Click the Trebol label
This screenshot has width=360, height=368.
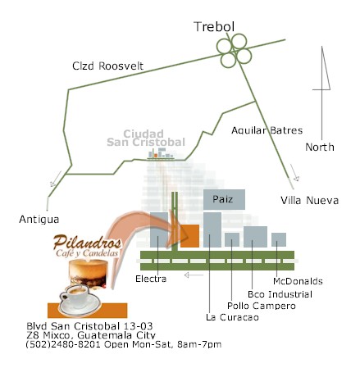[x=214, y=26]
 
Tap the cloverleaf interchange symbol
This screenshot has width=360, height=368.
[x=234, y=51]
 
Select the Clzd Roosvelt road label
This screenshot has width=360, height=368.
[x=107, y=66]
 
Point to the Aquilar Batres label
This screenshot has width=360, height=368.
[x=267, y=130]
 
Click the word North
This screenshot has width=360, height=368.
[x=320, y=147]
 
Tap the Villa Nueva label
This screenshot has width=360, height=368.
[x=309, y=200]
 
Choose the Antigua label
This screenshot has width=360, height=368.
[x=39, y=219]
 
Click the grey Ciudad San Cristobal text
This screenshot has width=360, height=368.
[x=146, y=138]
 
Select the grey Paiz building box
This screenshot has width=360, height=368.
[x=224, y=199]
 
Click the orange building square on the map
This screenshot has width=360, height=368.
[x=189, y=236]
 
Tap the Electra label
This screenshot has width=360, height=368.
[x=151, y=279]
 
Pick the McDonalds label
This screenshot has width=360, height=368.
[x=298, y=281]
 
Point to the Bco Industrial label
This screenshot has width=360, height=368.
[x=280, y=294]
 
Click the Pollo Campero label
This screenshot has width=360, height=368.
[x=262, y=306]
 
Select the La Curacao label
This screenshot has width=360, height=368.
[x=232, y=317]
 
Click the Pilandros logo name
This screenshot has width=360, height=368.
[x=87, y=242]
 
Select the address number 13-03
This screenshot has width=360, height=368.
[x=138, y=326]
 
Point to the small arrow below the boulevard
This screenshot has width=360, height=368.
[x=194, y=275]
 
